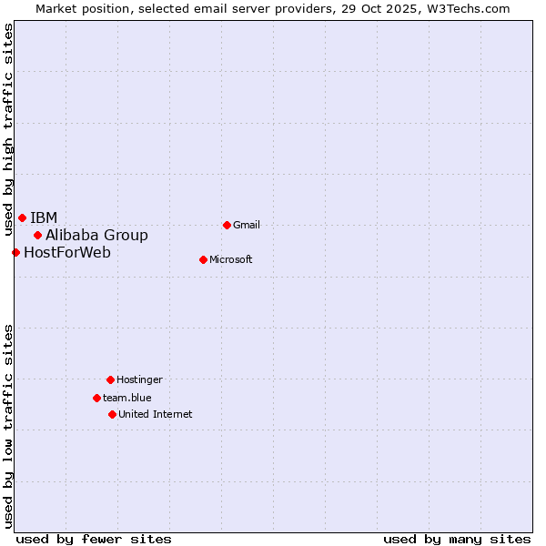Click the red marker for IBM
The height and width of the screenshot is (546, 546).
(x=22, y=217)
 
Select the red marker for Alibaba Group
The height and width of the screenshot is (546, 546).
(x=37, y=235)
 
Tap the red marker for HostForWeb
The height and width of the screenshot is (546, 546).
(x=15, y=252)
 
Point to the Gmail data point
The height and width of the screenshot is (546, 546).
(x=227, y=225)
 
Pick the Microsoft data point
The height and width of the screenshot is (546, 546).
(x=203, y=259)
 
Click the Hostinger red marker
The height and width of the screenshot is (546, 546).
(x=110, y=379)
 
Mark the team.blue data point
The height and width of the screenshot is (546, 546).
(x=96, y=398)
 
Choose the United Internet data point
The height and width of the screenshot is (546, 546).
(x=112, y=414)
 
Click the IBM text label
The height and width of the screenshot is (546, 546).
(x=44, y=217)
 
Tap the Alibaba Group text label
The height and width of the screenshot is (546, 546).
(x=96, y=235)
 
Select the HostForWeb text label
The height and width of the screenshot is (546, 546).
(x=67, y=252)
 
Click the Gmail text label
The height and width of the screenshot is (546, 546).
(x=247, y=225)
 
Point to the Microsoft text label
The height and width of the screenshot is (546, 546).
(x=231, y=259)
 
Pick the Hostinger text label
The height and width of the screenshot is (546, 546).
(x=139, y=379)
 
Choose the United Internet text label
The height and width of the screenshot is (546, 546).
(x=156, y=414)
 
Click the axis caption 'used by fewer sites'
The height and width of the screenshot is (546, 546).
(x=94, y=539)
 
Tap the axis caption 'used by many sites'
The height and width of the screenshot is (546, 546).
(x=457, y=539)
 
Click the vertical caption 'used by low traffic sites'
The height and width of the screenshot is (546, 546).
(x=8, y=425)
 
